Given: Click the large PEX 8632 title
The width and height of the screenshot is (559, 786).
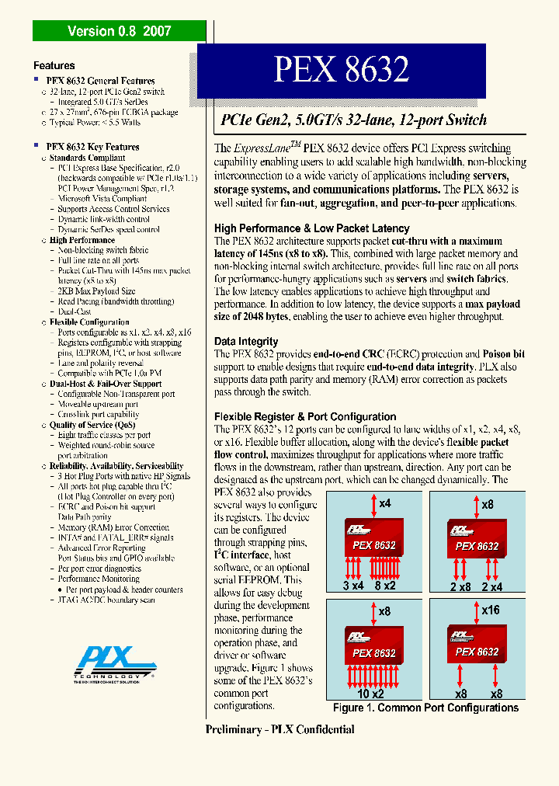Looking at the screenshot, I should (341, 70).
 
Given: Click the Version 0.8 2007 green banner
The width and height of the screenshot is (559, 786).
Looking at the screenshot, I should (119, 31).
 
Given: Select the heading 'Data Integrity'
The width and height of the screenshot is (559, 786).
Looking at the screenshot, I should (246, 342).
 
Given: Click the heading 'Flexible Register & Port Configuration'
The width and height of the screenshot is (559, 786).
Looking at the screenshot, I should (305, 417).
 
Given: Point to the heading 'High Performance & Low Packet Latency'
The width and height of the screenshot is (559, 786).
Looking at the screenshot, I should (311, 228).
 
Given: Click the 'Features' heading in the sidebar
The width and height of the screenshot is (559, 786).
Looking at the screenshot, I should (54, 66).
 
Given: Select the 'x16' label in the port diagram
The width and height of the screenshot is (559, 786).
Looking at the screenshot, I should (490, 610).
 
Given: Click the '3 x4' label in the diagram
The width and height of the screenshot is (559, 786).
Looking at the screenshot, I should (353, 586).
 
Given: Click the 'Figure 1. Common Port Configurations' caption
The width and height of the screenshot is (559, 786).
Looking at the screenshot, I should (425, 708).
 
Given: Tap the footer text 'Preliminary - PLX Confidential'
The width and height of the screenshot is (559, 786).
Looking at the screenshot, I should (279, 729).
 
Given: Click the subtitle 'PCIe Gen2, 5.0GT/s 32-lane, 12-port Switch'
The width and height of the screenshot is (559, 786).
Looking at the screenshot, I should (354, 120).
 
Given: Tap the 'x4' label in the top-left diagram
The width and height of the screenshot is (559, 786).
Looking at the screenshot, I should (384, 504).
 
